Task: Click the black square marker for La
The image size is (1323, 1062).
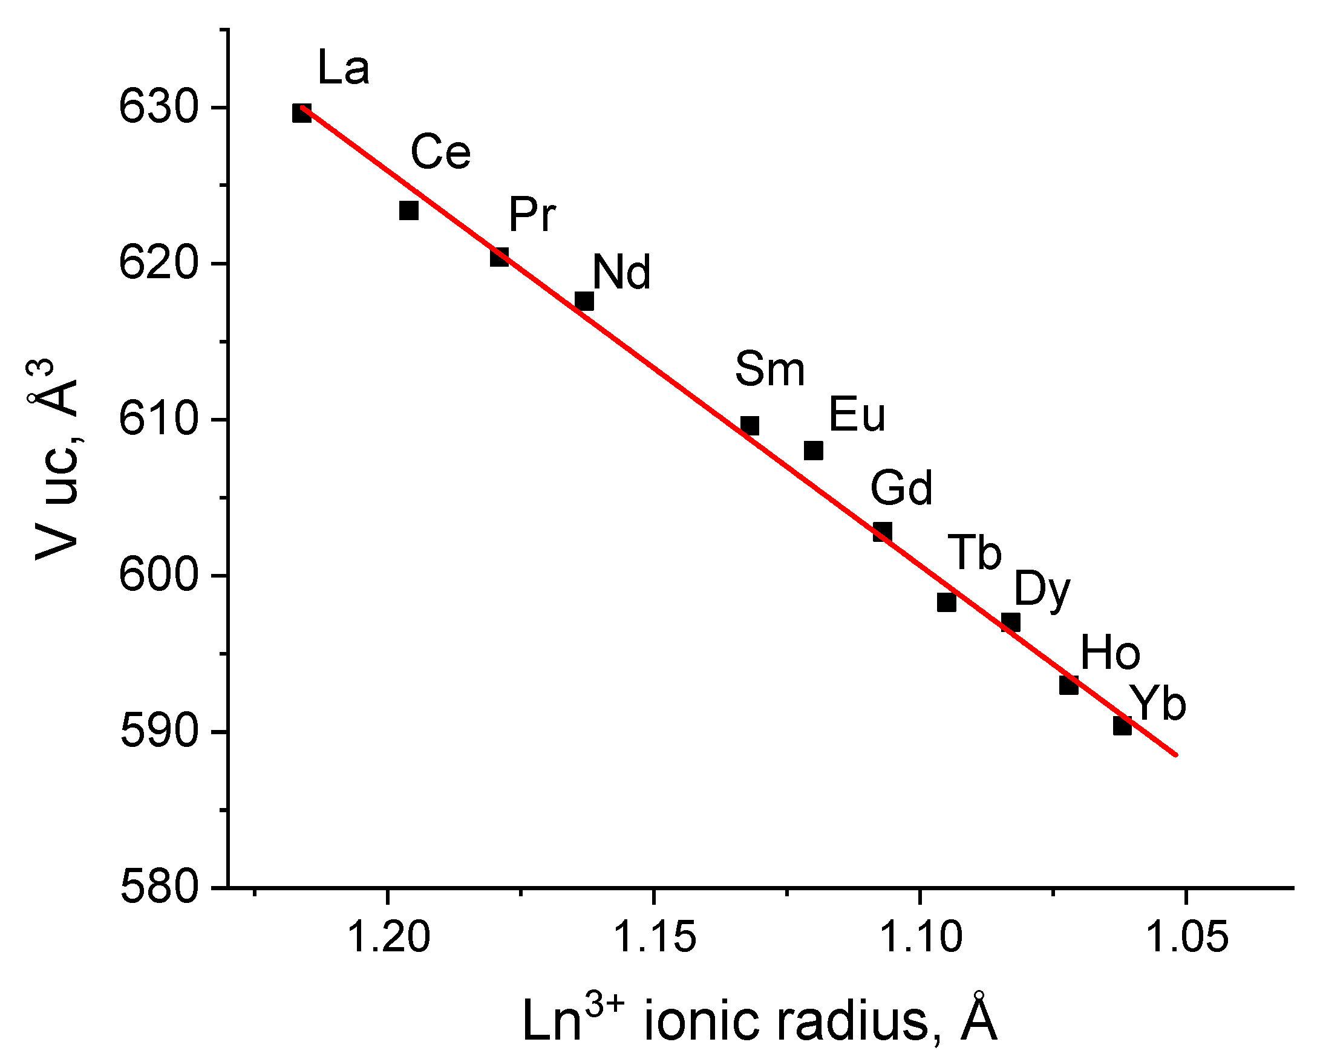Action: [x=301, y=113]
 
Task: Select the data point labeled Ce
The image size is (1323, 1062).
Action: [x=409, y=210]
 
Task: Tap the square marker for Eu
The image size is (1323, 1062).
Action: [x=813, y=451]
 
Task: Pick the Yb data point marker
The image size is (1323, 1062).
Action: [x=1122, y=726]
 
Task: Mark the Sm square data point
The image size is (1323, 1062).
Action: [x=750, y=425]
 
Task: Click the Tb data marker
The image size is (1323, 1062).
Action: [x=947, y=602]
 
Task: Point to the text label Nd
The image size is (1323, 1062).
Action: [x=622, y=272]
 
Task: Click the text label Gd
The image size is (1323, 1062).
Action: [x=901, y=488]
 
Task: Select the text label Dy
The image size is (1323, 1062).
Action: [x=1042, y=591]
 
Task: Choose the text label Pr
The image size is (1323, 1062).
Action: [x=532, y=215]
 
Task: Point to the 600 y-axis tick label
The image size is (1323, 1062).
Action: [x=158, y=576]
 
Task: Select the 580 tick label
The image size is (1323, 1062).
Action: [x=158, y=888]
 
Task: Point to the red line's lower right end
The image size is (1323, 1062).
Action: [x=1176, y=755]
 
